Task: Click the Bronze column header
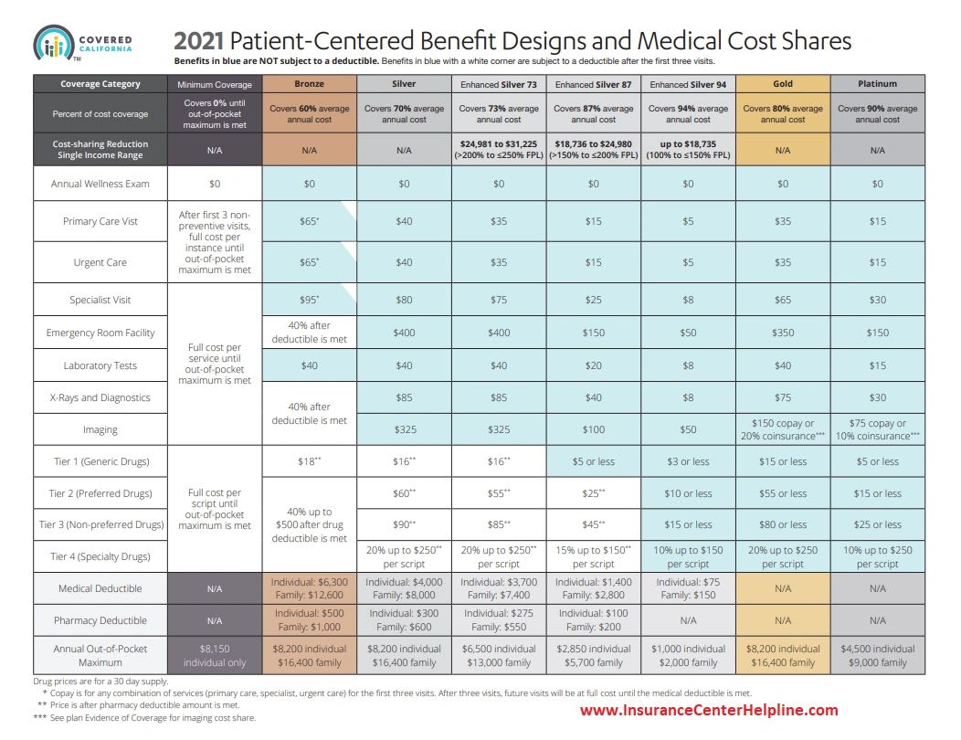point(309,83)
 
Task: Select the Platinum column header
point(878,83)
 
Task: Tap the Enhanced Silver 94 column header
point(688,83)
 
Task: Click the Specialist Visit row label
point(100,300)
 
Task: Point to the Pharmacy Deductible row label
point(100,620)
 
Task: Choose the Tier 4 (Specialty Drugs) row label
point(100,555)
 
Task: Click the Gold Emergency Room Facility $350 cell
point(783,333)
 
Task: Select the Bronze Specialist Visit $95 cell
point(309,300)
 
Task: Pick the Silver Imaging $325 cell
point(404,429)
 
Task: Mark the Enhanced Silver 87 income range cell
point(593,150)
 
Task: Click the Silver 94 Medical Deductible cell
point(688,588)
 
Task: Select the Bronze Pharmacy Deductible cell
point(309,620)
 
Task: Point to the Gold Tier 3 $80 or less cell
point(783,524)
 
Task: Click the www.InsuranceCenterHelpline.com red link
point(708,710)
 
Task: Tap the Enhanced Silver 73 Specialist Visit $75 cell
point(499,300)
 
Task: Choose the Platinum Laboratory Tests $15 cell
point(878,365)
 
